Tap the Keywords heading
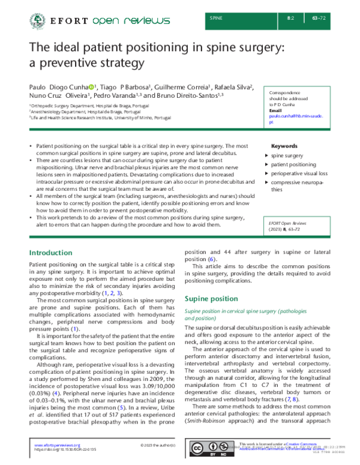(284, 146)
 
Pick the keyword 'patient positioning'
(293, 164)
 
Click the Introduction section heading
(51, 253)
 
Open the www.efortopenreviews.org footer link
(57, 445)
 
